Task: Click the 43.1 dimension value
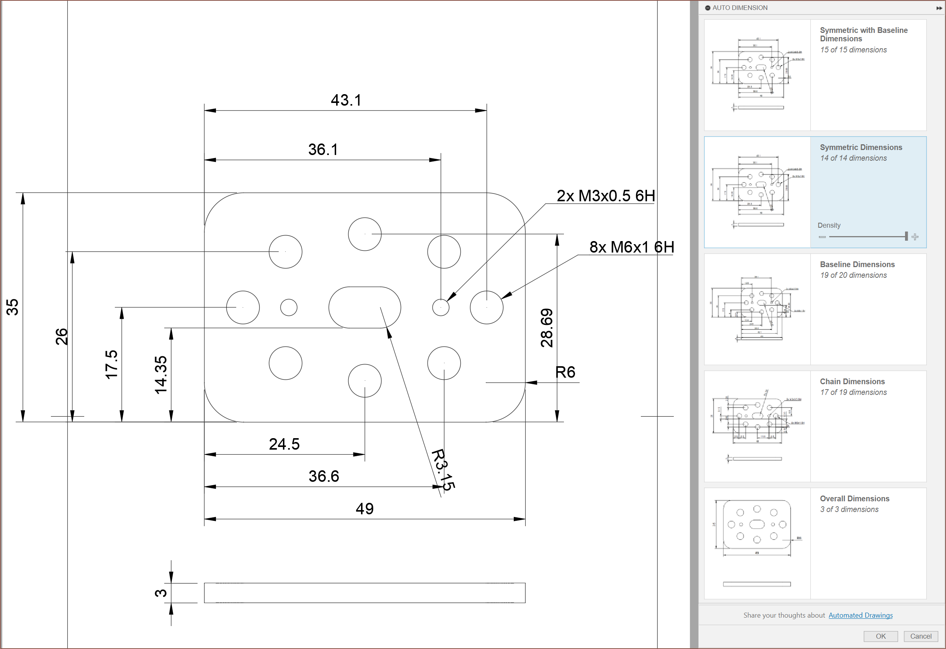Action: tap(346, 100)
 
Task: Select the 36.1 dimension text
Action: tap(323, 149)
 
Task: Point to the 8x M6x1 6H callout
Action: tap(631, 247)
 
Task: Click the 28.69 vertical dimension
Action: tap(547, 328)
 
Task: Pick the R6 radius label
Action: tap(565, 372)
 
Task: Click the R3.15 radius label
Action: tap(443, 470)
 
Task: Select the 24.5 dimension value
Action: tap(284, 444)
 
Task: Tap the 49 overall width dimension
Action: tap(364, 509)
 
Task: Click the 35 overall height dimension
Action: tap(13, 307)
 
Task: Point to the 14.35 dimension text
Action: tap(161, 375)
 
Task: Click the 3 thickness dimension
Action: tap(161, 593)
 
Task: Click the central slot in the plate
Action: tap(364, 307)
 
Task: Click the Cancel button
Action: tap(920, 636)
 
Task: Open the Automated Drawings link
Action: tap(860, 615)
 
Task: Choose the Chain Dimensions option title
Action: tap(852, 382)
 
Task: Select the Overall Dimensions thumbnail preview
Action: tap(757, 543)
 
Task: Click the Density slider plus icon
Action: tap(915, 237)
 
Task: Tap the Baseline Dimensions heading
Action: tap(857, 264)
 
